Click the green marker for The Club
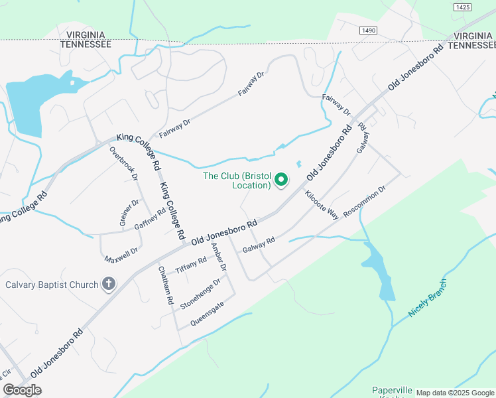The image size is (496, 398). tap(281, 179)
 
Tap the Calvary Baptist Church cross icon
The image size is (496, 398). tap(109, 285)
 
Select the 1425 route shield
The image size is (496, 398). tap(463, 7)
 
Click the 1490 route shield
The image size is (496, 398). tap(369, 31)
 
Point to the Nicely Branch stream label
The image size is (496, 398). tap(428, 298)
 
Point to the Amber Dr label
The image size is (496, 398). tap(219, 258)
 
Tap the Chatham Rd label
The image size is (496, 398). tap(166, 286)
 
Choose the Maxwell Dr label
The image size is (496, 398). tap(121, 253)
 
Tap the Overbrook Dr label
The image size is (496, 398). tap(123, 163)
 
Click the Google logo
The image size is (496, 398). tap(22, 390)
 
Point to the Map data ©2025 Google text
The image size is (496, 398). tap(455, 393)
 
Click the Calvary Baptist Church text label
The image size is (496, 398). tap(52, 285)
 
